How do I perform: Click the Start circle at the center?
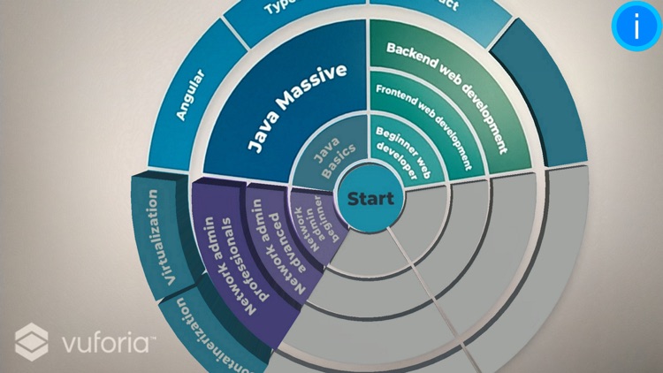tap(370, 198)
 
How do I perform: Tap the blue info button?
tap(636, 27)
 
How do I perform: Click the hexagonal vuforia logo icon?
tap(32, 341)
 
